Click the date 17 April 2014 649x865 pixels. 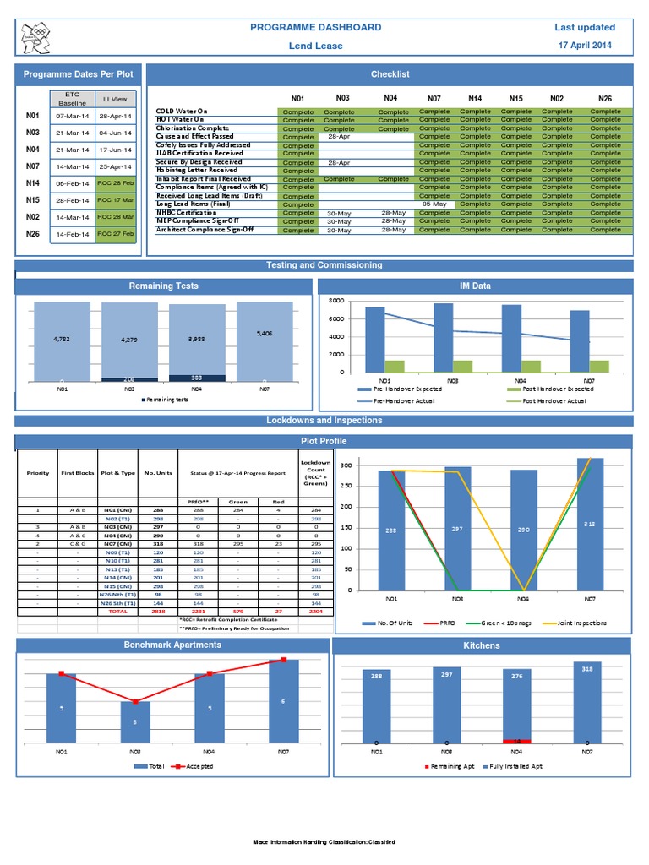click(x=584, y=45)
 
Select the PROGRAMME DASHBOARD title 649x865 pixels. click(x=316, y=28)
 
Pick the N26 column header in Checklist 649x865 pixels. click(x=604, y=98)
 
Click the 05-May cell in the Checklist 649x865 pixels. click(x=434, y=204)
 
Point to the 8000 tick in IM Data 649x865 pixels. click(x=335, y=301)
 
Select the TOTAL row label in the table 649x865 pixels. click(x=117, y=611)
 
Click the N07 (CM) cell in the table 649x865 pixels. click(x=117, y=543)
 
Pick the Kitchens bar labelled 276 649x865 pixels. click(x=516, y=706)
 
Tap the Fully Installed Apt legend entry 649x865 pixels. click(x=514, y=766)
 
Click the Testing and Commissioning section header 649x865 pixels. click(x=324, y=265)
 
